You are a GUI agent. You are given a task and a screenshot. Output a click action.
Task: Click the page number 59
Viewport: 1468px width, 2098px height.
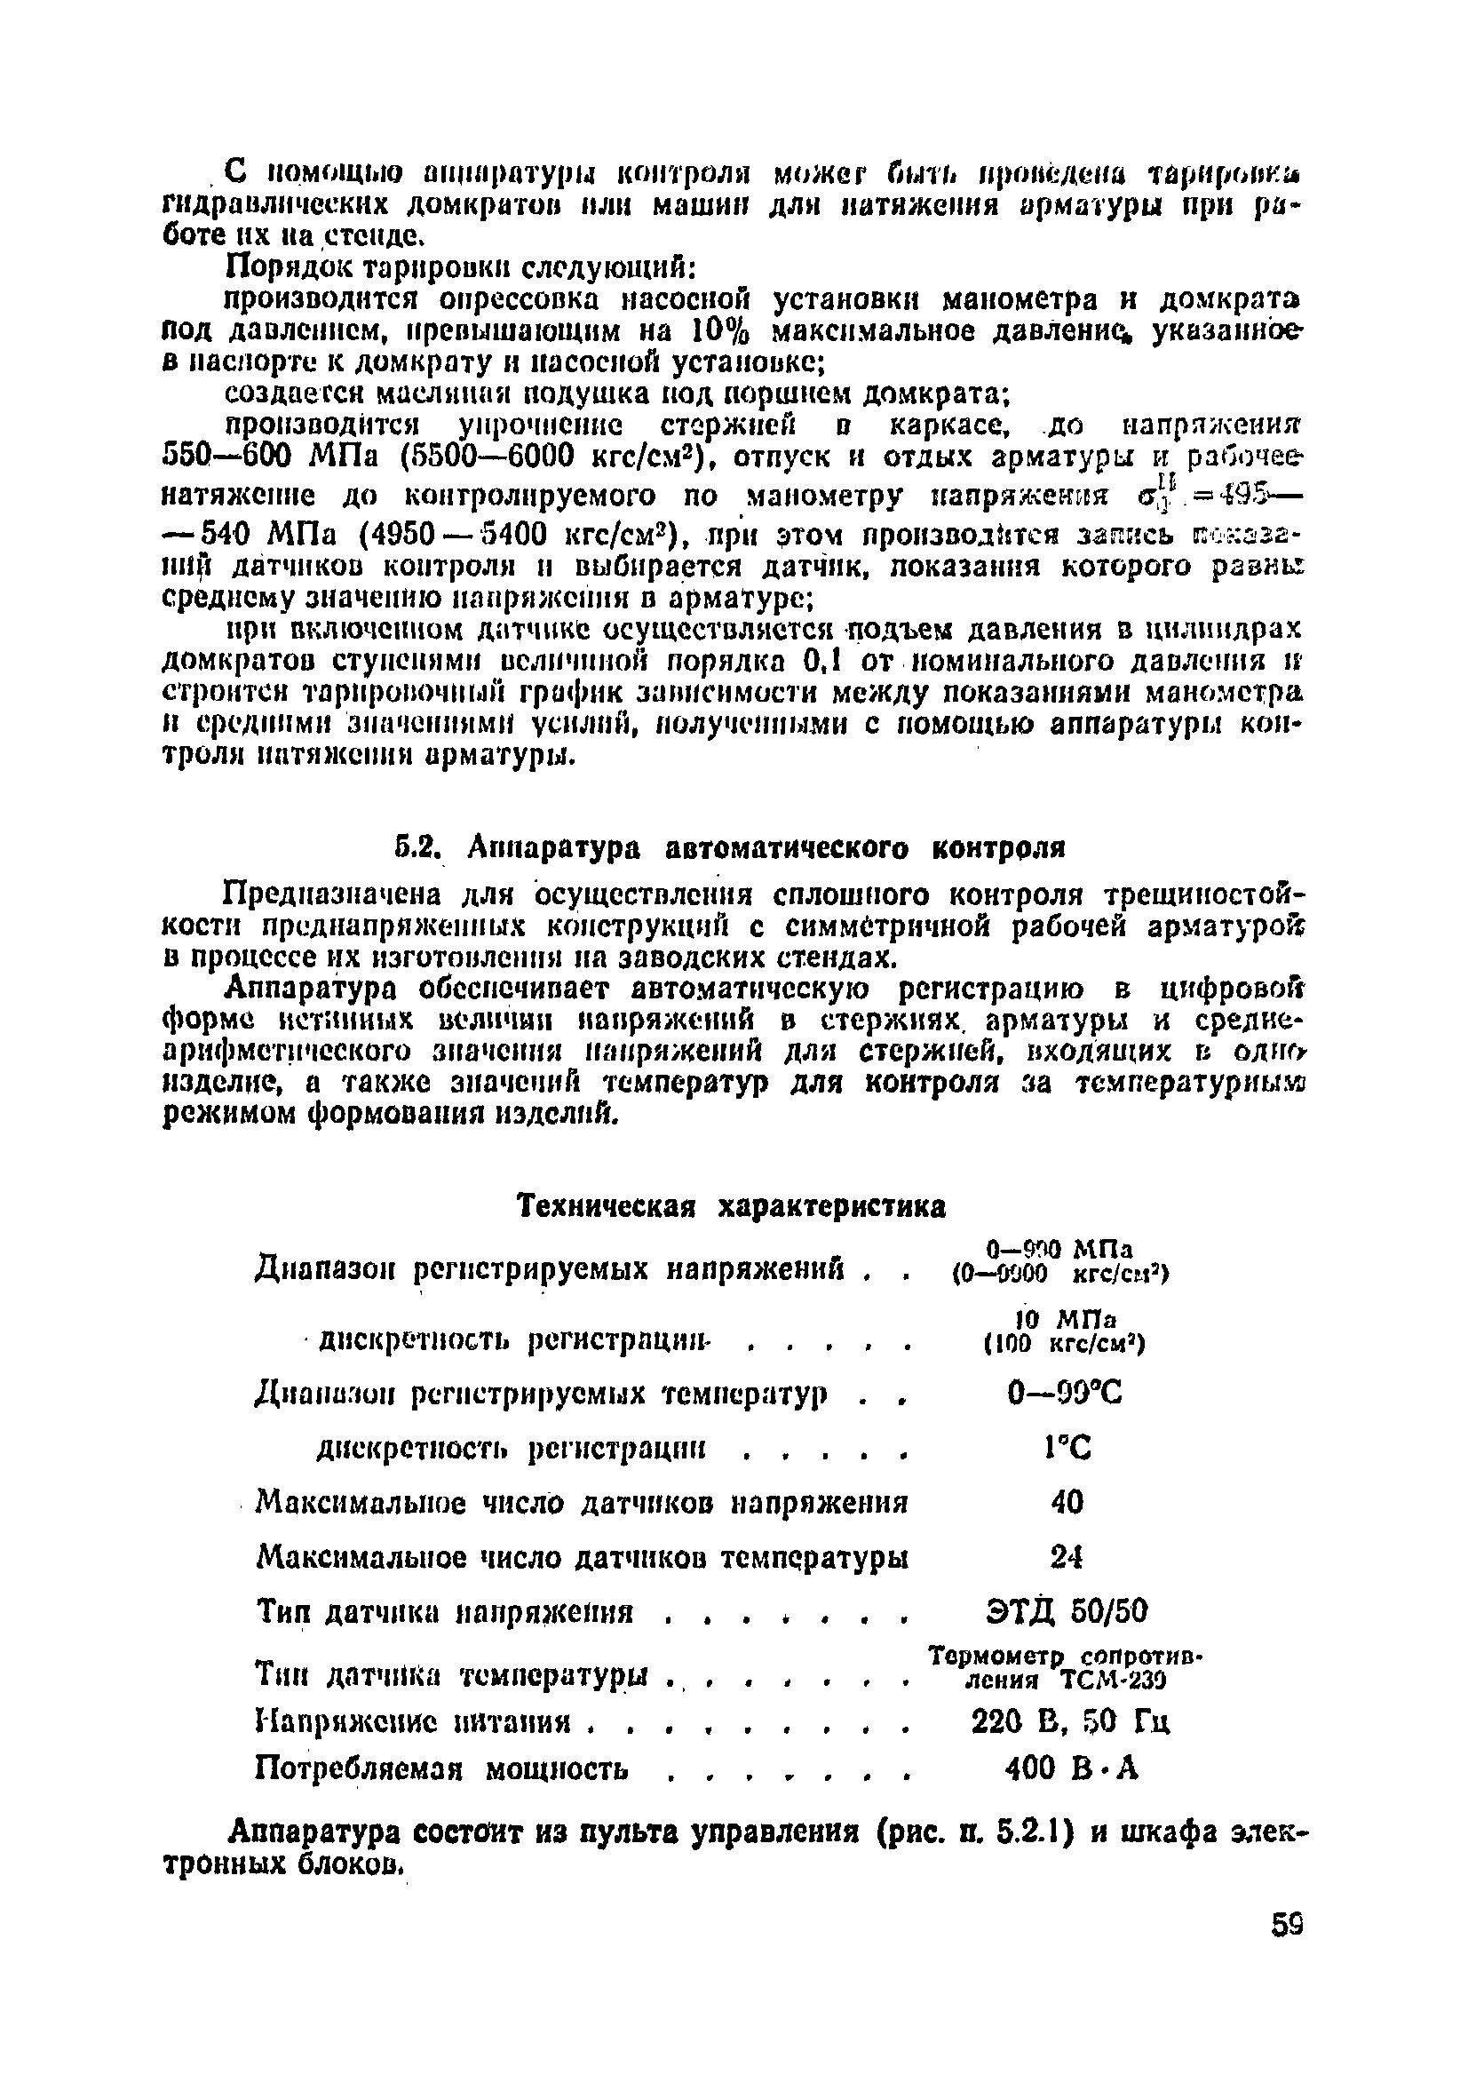point(1285,1926)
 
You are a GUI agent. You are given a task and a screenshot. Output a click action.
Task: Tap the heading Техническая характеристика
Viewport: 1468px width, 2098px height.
point(732,1206)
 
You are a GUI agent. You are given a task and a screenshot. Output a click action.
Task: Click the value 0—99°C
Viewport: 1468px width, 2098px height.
point(1065,1393)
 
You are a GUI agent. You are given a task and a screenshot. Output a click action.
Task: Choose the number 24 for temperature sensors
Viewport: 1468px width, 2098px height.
point(1066,1555)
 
